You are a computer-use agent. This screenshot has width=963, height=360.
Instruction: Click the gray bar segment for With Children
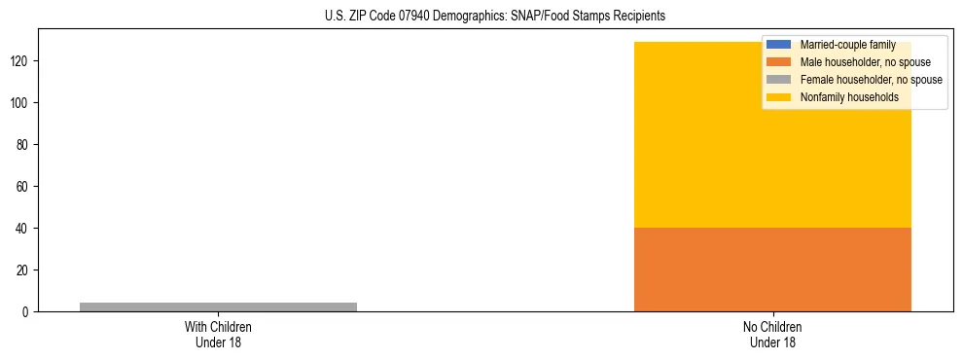click(218, 306)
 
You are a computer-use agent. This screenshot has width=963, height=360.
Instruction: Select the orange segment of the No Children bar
click(772, 270)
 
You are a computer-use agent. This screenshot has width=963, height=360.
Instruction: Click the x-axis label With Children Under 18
click(218, 334)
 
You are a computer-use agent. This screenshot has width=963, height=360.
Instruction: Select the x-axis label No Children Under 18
click(772, 334)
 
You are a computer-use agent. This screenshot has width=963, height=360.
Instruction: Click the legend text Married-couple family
click(847, 45)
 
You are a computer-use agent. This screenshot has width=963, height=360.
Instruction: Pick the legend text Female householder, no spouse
click(871, 80)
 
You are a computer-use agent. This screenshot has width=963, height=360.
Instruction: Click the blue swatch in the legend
click(779, 45)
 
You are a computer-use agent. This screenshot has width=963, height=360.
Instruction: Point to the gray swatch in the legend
click(779, 80)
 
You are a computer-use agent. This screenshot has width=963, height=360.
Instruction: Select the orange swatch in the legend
click(779, 62)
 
